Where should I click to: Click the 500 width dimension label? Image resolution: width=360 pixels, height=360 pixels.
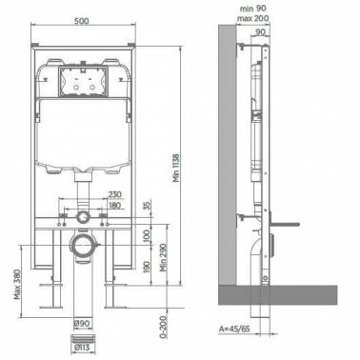click(x=82, y=21)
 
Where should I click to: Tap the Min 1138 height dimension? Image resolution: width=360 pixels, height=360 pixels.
click(x=176, y=168)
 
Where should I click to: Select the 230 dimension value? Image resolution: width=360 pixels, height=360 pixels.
click(x=114, y=194)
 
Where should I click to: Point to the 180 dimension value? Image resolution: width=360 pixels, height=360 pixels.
click(x=114, y=205)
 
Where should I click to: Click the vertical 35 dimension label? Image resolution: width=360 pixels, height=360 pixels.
click(x=148, y=206)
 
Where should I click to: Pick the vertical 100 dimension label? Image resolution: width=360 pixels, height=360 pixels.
click(x=147, y=236)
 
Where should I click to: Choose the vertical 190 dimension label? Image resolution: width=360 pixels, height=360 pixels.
click(x=147, y=268)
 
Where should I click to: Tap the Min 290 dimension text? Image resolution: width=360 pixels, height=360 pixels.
click(x=163, y=257)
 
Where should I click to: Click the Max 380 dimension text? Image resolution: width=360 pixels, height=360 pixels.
click(x=17, y=284)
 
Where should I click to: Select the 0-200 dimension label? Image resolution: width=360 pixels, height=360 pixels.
click(x=163, y=327)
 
